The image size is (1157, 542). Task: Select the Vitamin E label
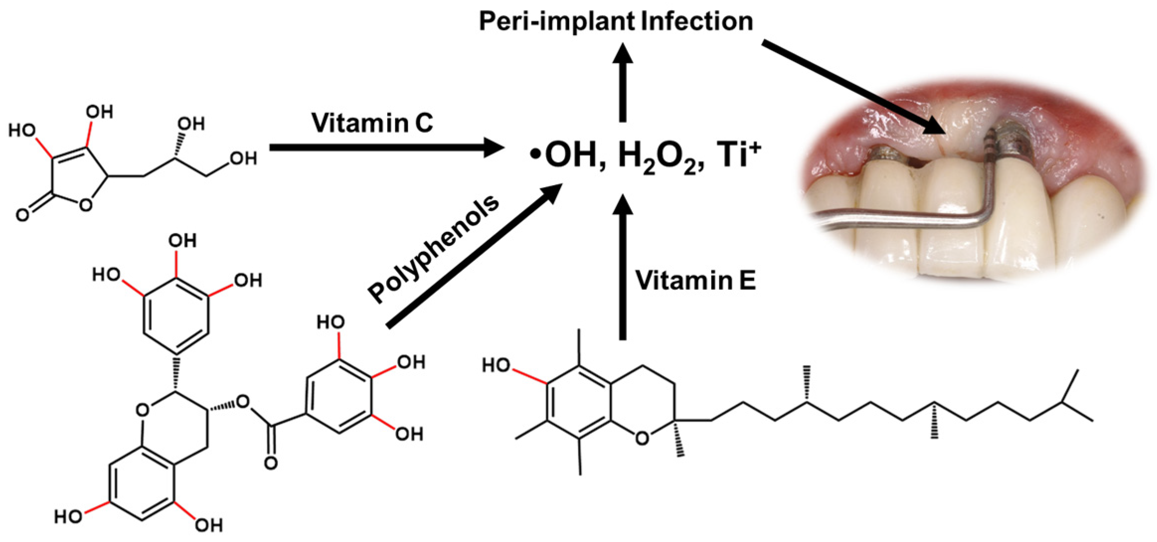click(695, 280)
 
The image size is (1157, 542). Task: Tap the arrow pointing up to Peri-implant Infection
click(622, 82)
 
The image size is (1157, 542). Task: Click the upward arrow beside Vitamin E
click(622, 268)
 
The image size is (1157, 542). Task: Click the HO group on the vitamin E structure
click(496, 366)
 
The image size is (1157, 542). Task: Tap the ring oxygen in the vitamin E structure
click(642, 438)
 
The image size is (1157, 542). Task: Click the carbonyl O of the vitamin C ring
click(23, 215)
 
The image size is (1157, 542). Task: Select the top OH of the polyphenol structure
click(182, 241)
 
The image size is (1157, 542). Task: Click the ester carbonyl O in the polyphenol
click(271, 463)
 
